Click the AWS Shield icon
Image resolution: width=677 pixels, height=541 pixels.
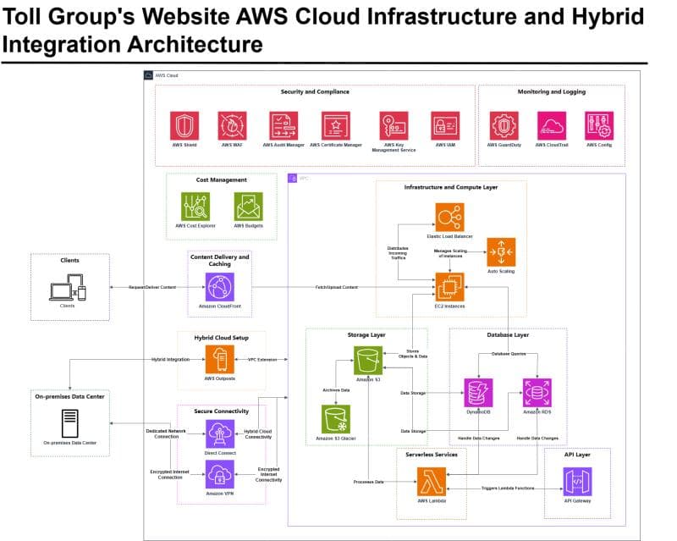tap(184, 125)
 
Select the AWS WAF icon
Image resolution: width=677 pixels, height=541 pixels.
tap(232, 125)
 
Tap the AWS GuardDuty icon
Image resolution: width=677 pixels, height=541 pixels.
tap(504, 125)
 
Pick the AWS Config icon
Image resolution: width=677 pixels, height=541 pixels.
tap(599, 125)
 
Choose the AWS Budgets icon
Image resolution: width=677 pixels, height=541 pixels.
tap(248, 206)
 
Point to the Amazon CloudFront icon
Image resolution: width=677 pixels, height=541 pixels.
tap(219, 287)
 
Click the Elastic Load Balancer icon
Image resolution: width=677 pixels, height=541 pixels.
tap(450, 217)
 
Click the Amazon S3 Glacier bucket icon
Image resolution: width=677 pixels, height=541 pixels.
tap(335, 419)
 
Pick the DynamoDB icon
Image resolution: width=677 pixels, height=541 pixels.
tap(479, 392)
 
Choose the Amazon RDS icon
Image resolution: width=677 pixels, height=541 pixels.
tap(537, 392)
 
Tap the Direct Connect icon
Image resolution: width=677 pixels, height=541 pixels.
tap(219, 434)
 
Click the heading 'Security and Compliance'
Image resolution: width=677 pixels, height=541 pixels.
tap(315, 91)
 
